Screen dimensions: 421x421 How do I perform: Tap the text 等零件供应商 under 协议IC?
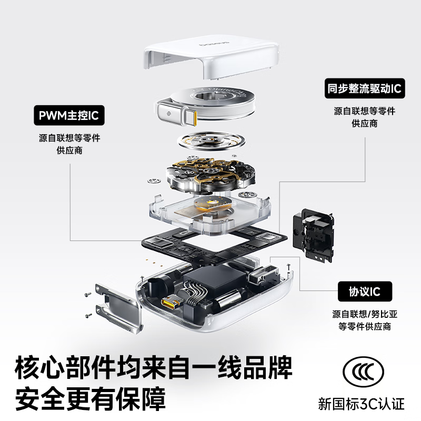(364, 326)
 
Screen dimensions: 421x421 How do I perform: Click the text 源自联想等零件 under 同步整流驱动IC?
(364, 112)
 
